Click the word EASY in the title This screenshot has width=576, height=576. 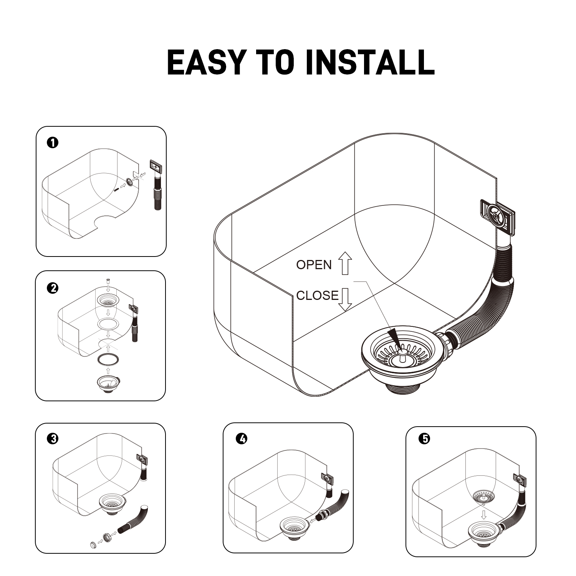[206, 62]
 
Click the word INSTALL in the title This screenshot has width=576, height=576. [369, 62]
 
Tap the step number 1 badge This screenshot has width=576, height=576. [52, 143]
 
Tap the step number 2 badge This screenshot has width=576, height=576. [52, 288]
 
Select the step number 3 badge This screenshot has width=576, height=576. [52, 439]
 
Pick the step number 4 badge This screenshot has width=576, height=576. [242, 439]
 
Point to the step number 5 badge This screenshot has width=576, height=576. [425, 439]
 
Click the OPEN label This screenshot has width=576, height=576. [314, 265]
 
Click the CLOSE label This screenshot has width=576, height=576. [318, 295]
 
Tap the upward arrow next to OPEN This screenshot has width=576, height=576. [345, 263]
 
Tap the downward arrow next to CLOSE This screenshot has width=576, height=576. [345, 299]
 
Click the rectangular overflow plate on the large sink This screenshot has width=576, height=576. [497, 217]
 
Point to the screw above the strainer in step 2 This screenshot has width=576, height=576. [108, 282]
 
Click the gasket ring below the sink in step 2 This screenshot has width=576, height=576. [108, 359]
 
